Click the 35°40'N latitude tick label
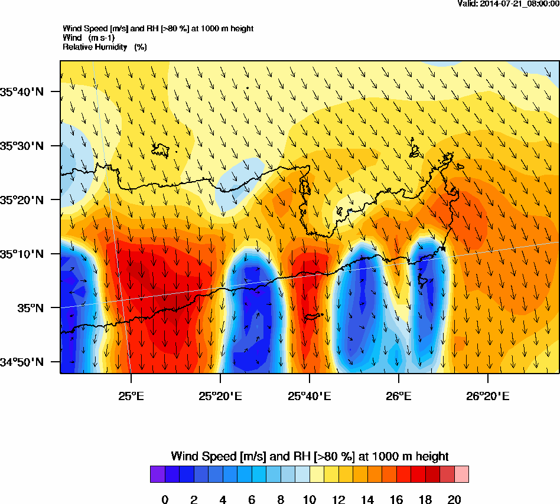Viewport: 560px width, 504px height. point(22,91)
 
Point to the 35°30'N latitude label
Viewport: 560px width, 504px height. point(22,146)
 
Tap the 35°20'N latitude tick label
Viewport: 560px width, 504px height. point(22,200)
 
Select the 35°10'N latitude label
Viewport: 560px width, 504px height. point(22,254)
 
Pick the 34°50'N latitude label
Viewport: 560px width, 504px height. point(22,362)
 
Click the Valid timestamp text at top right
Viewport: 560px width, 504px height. point(509,4)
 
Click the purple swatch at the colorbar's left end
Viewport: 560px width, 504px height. point(157,474)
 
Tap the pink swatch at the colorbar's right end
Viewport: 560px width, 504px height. point(461,474)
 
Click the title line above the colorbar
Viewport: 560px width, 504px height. point(310,456)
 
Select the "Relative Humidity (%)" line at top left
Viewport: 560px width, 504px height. point(105,47)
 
